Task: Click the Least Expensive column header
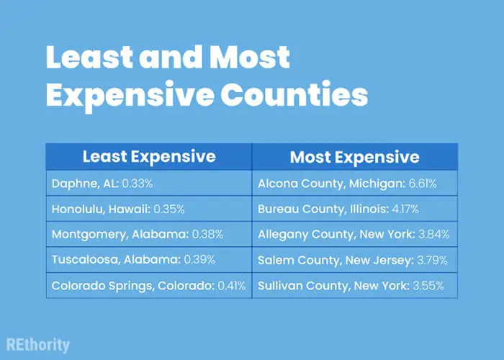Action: click(x=149, y=156)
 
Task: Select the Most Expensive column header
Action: click(x=355, y=156)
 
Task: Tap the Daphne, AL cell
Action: click(x=149, y=183)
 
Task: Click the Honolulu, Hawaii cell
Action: click(x=149, y=209)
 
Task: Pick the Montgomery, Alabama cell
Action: click(x=149, y=234)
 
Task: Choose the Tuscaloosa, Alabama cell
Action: click(x=149, y=260)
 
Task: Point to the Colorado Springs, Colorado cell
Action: click(x=149, y=285)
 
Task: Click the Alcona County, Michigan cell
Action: click(x=355, y=183)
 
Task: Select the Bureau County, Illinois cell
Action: click(x=355, y=209)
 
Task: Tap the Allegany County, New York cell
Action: click(x=355, y=234)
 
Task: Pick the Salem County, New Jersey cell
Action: click(x=355, y=260)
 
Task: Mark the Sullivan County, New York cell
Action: click(x=355, y=285)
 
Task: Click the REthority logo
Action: click(x=38, y=346)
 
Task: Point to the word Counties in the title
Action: click(x=294, y=94)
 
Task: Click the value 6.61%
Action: click(x=423, y=184)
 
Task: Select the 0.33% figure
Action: click(x=138, y=184)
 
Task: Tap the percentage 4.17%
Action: click(x=405, y=210)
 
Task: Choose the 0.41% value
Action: click(x=231, y=286)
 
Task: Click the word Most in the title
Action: click(x=249, y=57)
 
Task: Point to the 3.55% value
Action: click(x=428, y=286)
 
